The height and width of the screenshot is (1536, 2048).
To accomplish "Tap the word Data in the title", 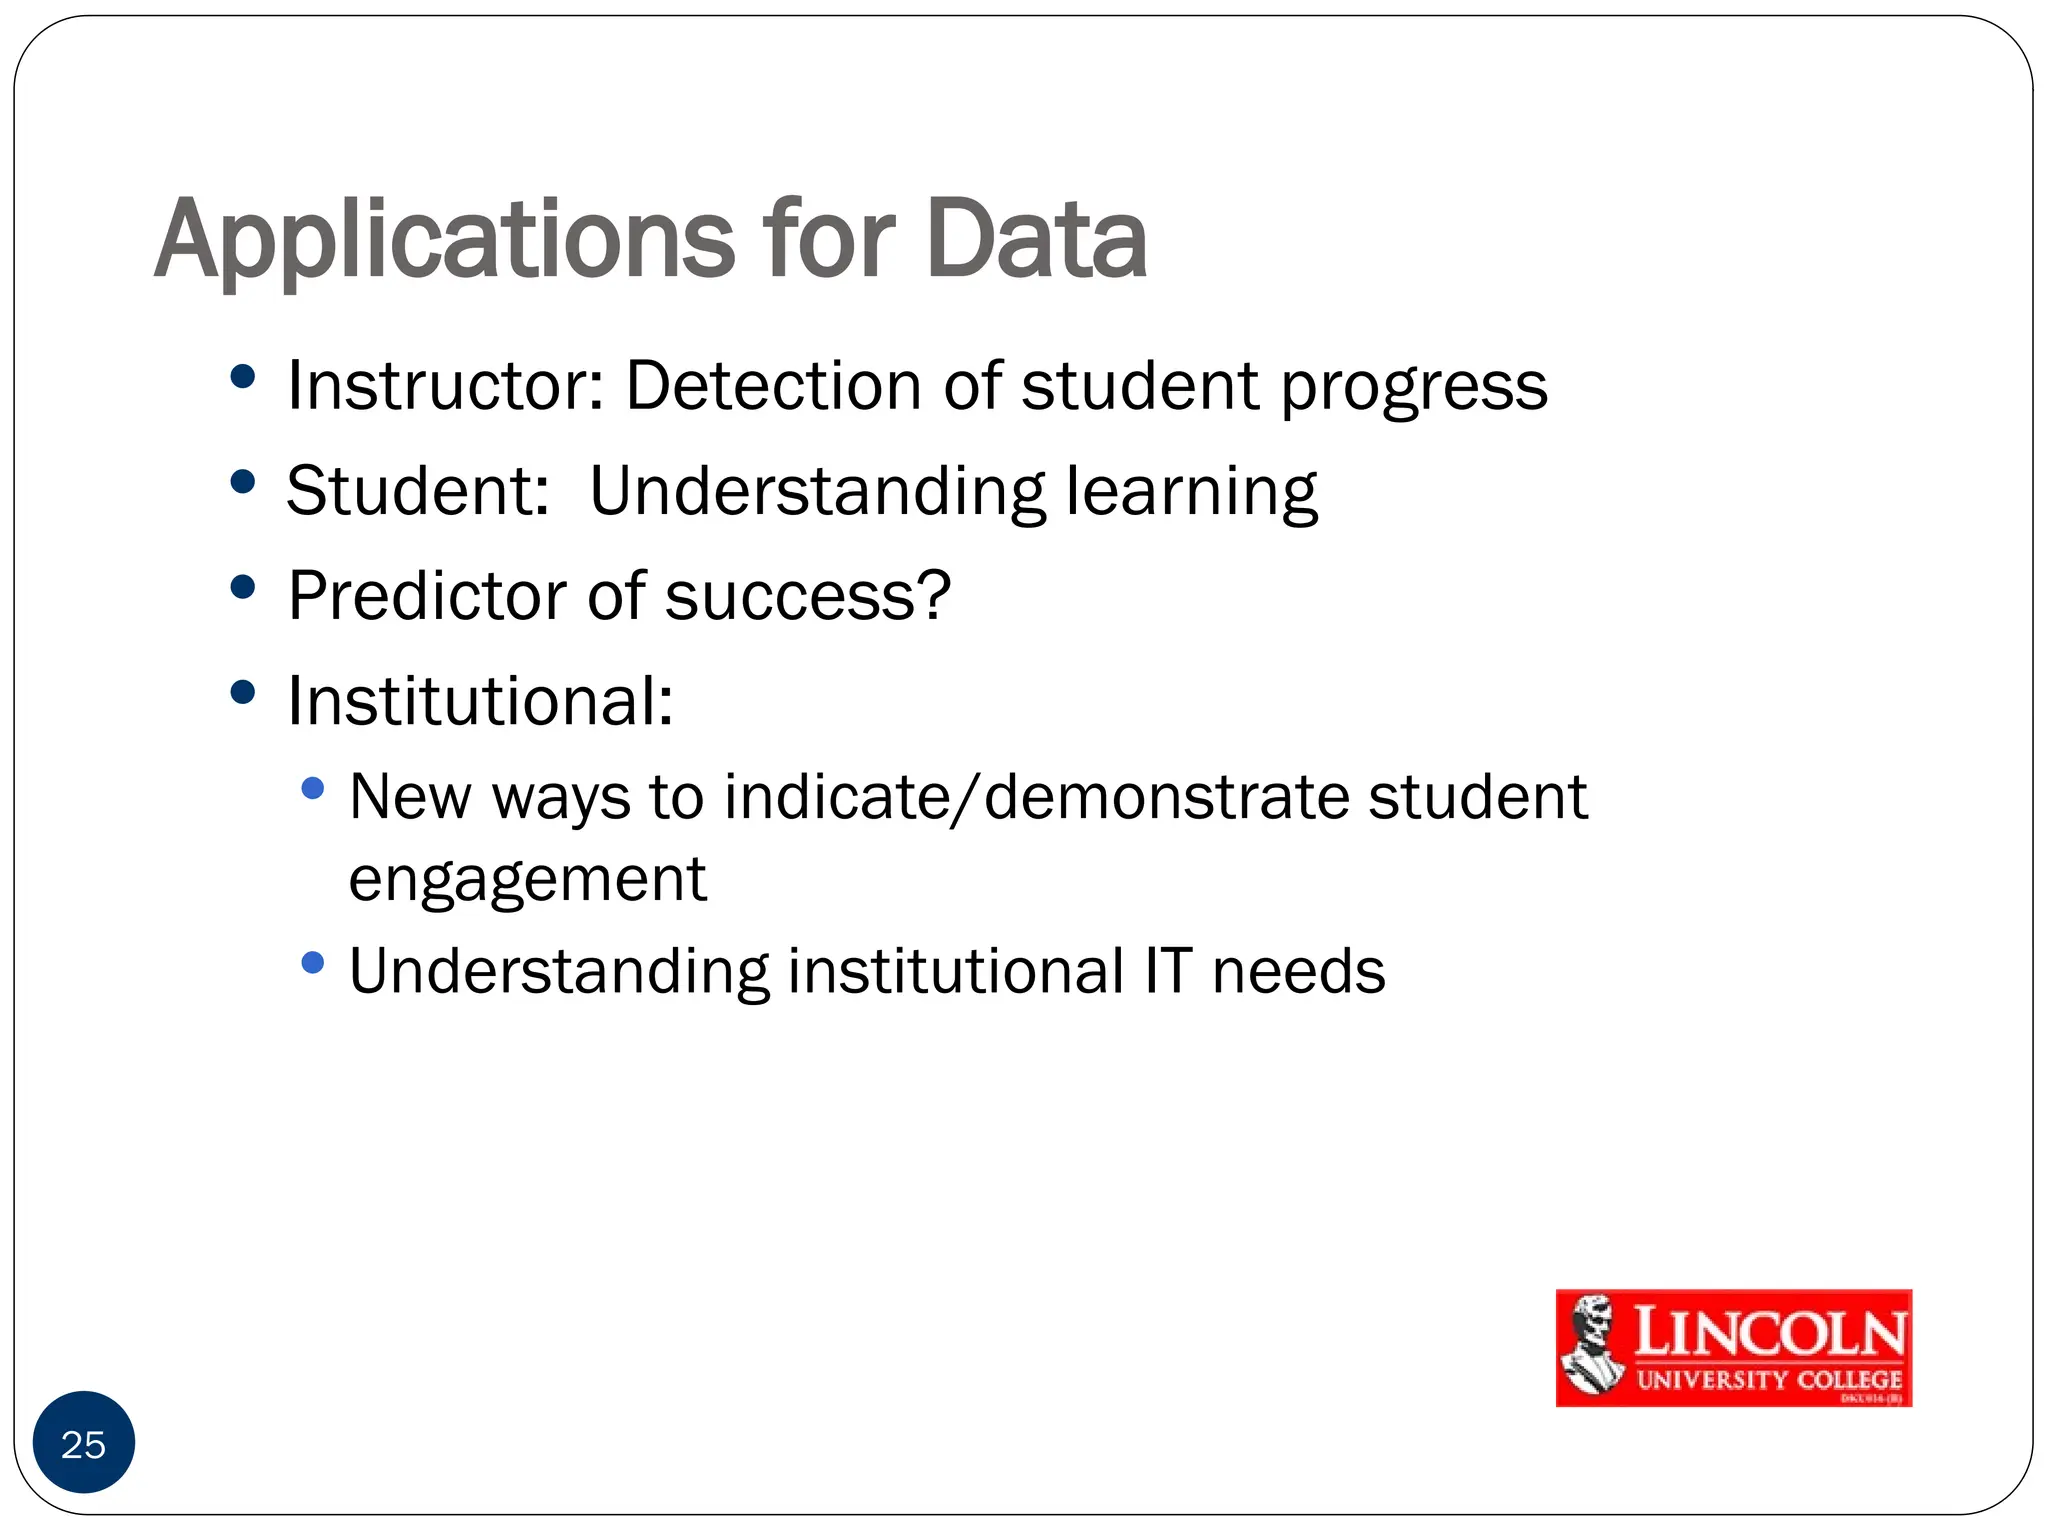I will (x=1036, y=240).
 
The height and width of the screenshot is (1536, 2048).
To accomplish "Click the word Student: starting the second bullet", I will (x=418, y=491).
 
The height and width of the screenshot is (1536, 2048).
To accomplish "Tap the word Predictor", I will (x=427, y=596).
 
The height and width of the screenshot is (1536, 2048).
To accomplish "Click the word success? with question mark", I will (x=807, y=597).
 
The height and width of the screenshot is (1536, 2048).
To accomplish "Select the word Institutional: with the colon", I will (x=480, y=701).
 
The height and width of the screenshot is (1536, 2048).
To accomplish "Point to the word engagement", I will (x=527, y=881).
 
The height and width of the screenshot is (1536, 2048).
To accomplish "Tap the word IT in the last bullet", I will (x=1168, y=971).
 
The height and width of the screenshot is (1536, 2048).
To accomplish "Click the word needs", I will (x=1298, y=971).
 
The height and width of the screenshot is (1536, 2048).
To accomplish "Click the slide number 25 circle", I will (x=84, y=1442).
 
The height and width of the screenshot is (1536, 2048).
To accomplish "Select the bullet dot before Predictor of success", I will (x=242, y=587).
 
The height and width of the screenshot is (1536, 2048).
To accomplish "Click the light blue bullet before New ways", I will (x=313, y=788).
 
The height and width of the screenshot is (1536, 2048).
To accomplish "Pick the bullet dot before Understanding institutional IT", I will (x=313, y=962).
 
